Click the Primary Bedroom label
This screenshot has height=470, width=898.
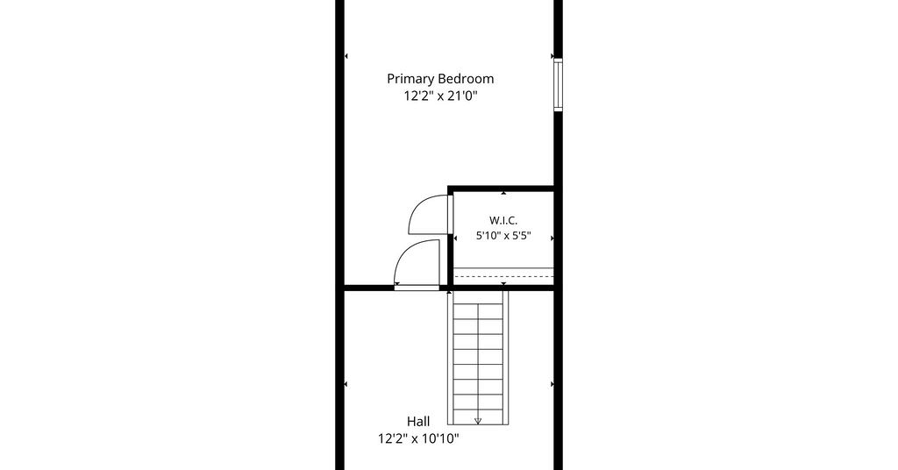440,79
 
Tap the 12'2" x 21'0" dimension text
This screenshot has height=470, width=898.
440,96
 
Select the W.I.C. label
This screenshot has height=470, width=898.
503,220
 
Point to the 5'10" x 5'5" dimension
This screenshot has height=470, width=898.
503,235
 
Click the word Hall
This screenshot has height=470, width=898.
418,422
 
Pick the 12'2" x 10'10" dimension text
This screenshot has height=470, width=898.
418,439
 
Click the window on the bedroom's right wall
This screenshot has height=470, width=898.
558,84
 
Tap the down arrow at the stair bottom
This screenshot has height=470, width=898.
478,422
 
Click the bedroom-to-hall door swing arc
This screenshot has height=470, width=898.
408,256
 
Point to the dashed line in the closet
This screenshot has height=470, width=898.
503,276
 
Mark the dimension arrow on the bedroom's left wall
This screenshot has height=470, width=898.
346,56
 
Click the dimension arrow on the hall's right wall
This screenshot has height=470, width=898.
552,384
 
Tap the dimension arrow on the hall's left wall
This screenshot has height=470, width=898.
346,384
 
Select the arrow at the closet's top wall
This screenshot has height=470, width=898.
503,194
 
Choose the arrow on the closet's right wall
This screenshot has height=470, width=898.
552,238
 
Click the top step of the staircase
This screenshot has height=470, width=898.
478,297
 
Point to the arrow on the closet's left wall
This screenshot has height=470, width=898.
455,238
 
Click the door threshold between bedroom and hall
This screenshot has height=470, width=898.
417,288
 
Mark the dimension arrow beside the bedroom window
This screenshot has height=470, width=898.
552,56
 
